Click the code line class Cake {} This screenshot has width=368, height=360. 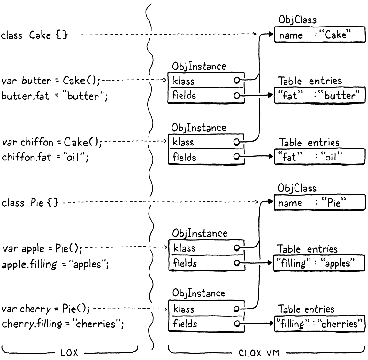click(x=34, y=35)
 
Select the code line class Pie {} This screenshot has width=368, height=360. click(x=30, y=203)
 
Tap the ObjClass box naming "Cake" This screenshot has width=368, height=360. click(x=319, y=35)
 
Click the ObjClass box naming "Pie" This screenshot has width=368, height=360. click(x=319, y=203)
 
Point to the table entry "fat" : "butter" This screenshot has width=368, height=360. click(x=319, y=95)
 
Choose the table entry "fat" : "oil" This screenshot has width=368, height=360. click(x=319, y=157)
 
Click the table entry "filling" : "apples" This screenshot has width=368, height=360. click(x=318, y=263)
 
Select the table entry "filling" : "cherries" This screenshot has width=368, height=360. click(x=319, y=324)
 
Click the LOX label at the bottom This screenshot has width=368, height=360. click(x=69, y=353)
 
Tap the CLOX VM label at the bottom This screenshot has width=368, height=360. click(x=259, y=353)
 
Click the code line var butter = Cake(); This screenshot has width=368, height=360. click(x=51, y=80)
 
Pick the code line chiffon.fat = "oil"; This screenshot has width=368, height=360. click(x=45, y=157)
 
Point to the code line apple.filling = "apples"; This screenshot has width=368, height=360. click(x=55, y=264)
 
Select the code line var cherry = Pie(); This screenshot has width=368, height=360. click(x=46, y=309)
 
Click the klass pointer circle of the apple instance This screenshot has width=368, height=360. click(x=237, y=248)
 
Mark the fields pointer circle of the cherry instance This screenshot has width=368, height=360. click(x=237, y=324)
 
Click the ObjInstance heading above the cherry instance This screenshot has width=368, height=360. click(x=198, y=293)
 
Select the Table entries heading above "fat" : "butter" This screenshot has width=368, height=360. click(x=310, y=81)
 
